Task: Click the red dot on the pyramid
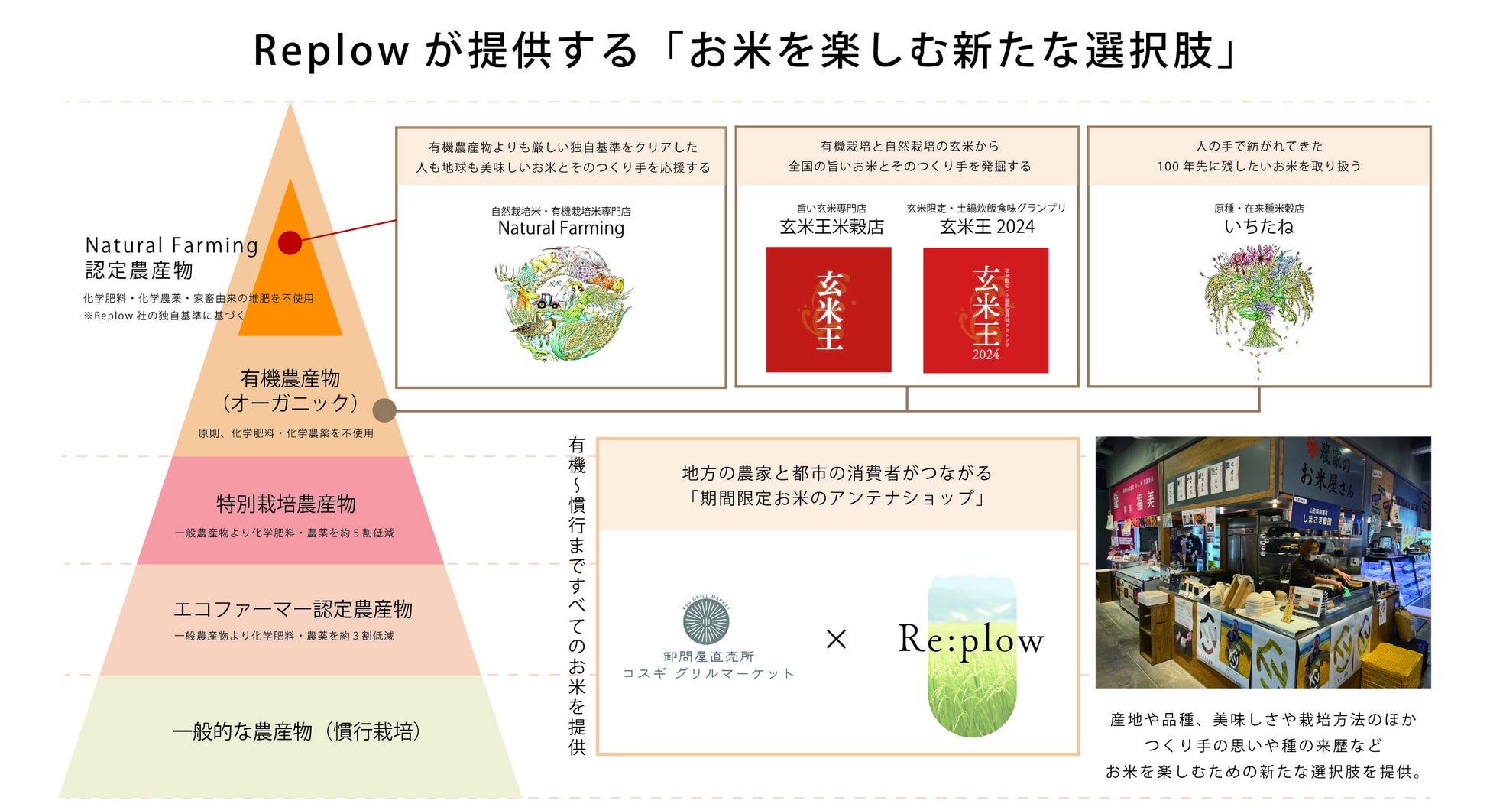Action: coord(290,243)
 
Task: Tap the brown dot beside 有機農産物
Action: coord(384,410)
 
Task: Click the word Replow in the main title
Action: coord(331,51)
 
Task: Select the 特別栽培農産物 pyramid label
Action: coord(287,504)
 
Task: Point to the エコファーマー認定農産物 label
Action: coord(293,609)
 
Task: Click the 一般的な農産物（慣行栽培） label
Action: coord(296,731)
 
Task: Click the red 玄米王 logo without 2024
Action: coord(828,310)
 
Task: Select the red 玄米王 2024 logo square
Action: coord(986,310)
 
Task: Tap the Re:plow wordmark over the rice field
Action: coord(970,640)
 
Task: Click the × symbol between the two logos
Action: coord(837,639)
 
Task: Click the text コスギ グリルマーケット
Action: coord(708,673)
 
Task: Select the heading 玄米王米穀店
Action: coord(831,226)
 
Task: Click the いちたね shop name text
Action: coord(1258,226)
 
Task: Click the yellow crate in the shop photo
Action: coord(1393,665)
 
